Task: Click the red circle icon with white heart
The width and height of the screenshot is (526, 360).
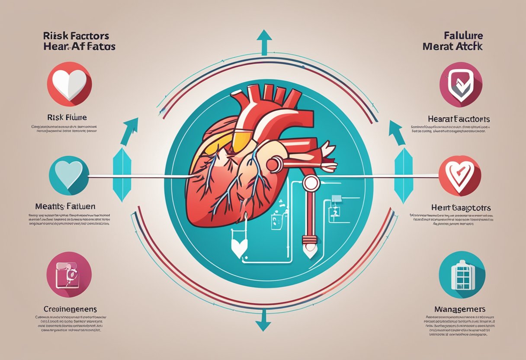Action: click(x=69, y=83)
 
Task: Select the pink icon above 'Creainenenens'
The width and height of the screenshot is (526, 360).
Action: click(x=69, y=275)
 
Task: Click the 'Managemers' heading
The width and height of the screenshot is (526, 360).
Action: click(x=459, y=309)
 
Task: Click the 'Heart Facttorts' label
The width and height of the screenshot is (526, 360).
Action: click(x=459, y=119)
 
